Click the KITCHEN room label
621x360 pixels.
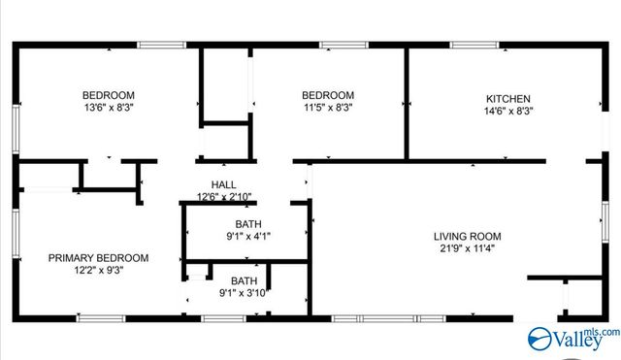click(x=507, y=98)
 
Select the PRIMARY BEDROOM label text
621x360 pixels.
click(x=99, y=257)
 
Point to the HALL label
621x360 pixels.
click(x=224, y=184)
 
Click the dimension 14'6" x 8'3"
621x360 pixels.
click(x=507, y=111)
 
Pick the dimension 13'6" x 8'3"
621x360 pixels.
click(x=108, y=108)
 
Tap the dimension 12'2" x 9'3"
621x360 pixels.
click(x=99, y=270)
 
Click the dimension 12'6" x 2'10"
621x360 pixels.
click(x=224, y=197)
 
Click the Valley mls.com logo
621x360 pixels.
click(x=572, y=338)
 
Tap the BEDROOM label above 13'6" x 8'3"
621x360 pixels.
click(x=108, y=95)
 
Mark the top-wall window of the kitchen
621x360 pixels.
click(x=511, y=45)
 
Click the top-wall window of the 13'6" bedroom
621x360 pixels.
click(x=160, y=45)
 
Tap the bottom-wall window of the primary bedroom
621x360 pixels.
click(x=101, y=318)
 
